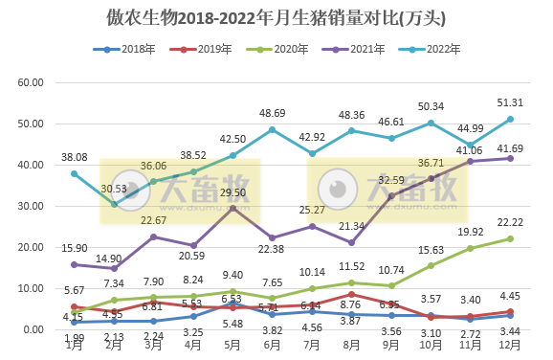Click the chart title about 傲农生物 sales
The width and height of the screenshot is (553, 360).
[x=276, y=17]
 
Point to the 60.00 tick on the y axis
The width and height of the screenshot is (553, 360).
[x=32, y=82]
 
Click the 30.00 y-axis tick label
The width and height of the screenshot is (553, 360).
[x=32, y=206]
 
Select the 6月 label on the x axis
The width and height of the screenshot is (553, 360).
[x=274, y=345]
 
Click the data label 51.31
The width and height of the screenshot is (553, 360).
[x=508, y=102]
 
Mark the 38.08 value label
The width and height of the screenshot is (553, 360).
[x=77, y=157]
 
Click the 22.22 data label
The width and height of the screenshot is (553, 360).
[x=508, y=222]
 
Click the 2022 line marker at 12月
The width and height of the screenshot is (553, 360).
[x=510, y=119]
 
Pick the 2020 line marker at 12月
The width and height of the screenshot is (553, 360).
[x=510, y=238]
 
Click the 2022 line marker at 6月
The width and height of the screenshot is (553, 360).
[x=274, y=129]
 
